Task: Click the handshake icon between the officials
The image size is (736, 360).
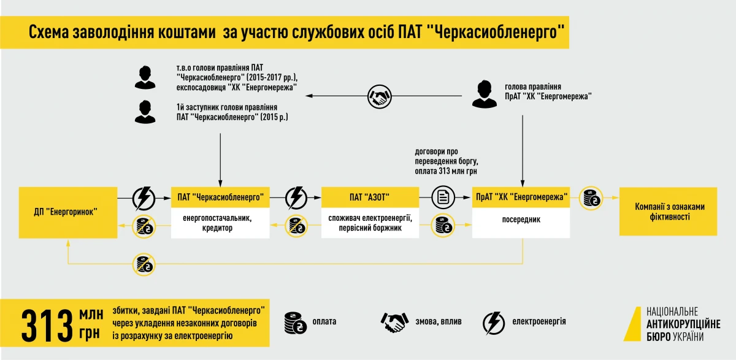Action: point(380,95)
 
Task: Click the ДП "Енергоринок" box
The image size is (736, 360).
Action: point(68,212)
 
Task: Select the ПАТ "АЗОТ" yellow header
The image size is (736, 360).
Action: point(370,197)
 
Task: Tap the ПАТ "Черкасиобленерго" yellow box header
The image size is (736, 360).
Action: point(220,197)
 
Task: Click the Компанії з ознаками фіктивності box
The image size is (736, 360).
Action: point(669,212)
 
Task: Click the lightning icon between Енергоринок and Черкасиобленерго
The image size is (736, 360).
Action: point(145,197)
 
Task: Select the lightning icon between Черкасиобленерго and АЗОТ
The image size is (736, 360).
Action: point(296,197)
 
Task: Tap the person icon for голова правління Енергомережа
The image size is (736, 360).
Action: point(485,93)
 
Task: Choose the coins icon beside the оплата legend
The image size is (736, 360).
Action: point(296,322)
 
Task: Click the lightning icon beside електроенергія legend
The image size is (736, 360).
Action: point(493,322)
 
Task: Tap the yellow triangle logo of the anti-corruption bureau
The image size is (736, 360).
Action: point(633,323)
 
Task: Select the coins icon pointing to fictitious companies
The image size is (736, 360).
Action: point(592,197)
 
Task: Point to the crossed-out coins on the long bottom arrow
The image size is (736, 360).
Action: point(145,264)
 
